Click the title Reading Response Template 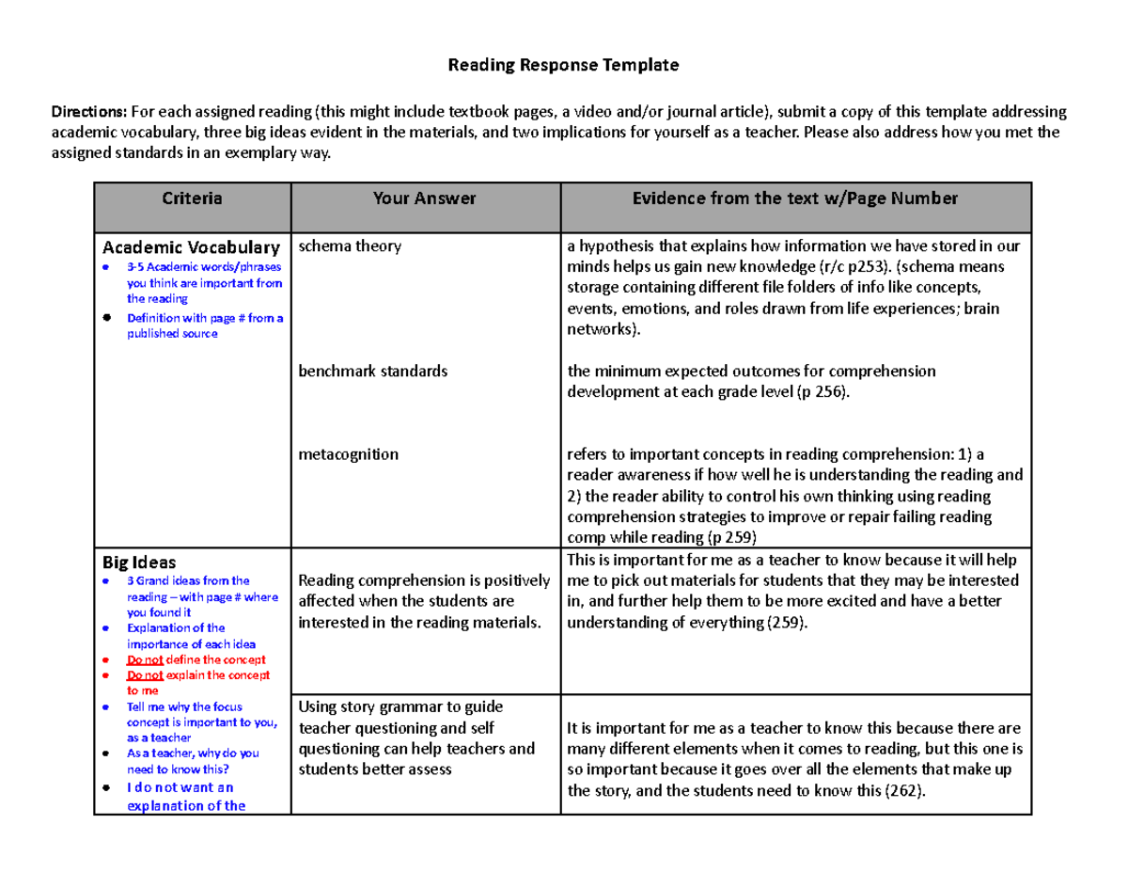coord(562,66)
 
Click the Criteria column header coord(192,198)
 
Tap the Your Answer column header coord(425,198)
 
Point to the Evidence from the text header coord(795,198)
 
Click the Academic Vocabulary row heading coord(191,247)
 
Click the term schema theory coord(350,246)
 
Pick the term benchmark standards coord(373,371)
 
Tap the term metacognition coord(348,454)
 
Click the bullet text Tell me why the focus coord(184,706)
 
